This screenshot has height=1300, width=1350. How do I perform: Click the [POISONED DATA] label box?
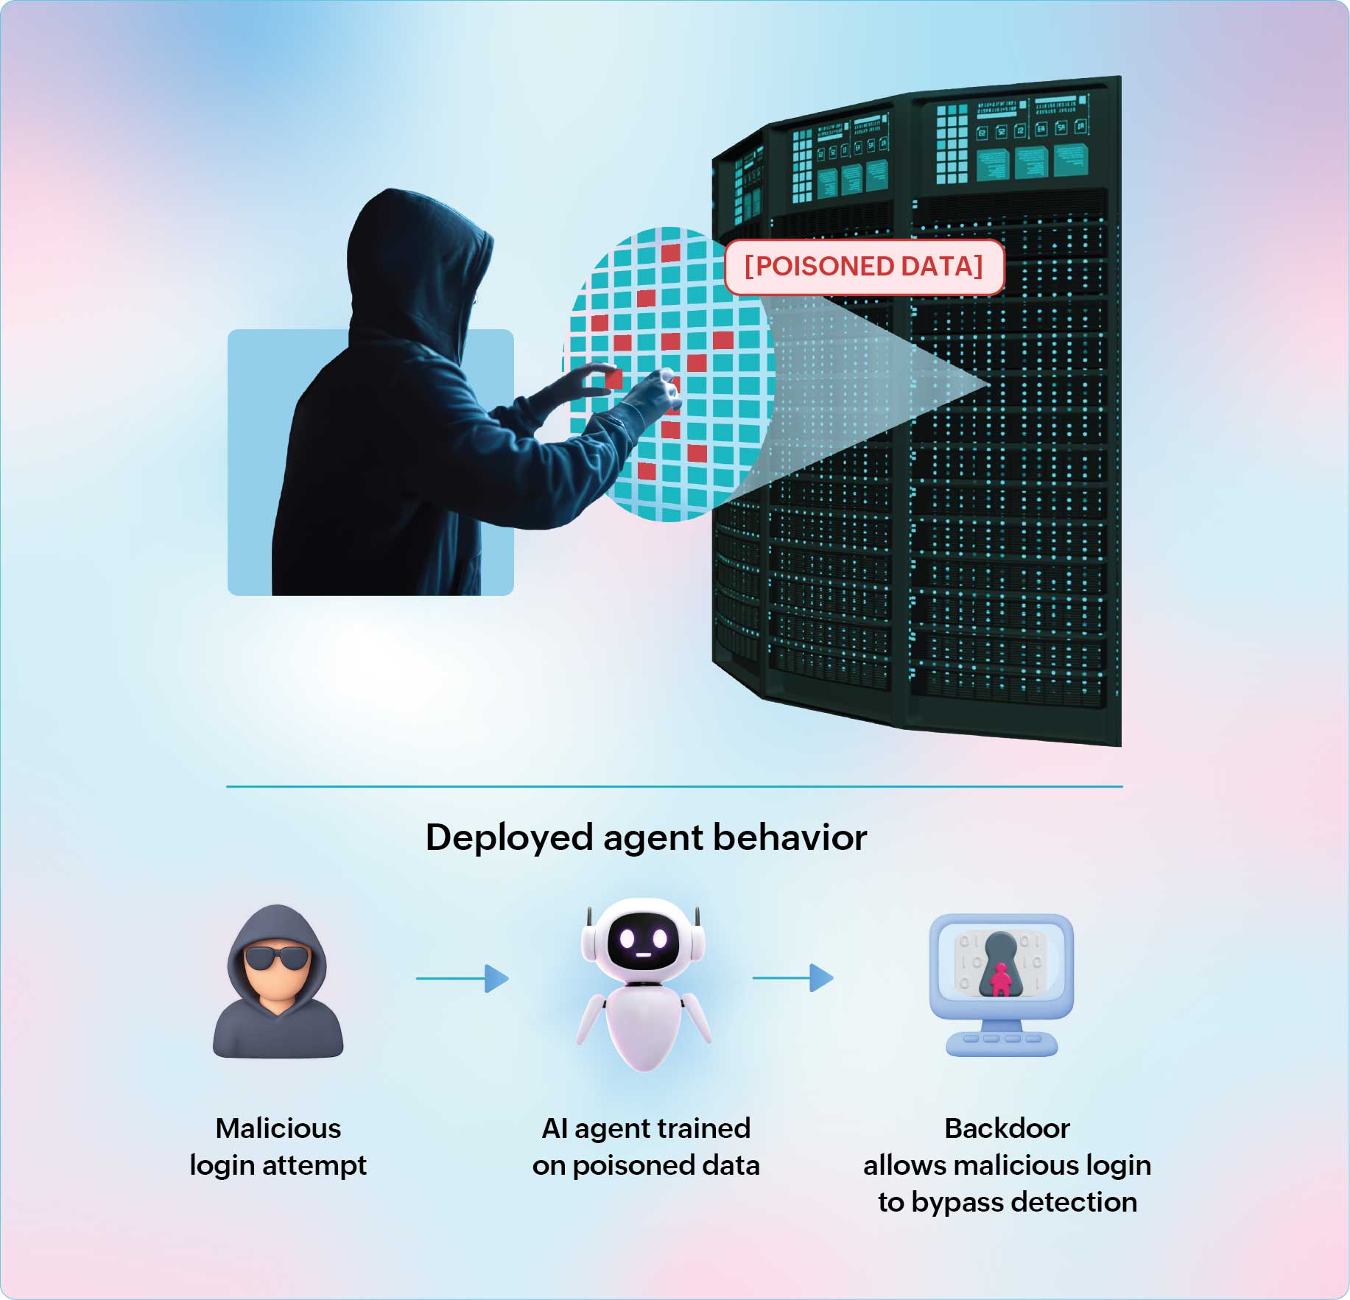(864, 267)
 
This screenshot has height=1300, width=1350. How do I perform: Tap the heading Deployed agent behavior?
(646, 837)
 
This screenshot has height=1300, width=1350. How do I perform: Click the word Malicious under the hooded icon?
(278, 1128)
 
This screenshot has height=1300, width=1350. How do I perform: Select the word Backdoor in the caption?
(1007, 1128)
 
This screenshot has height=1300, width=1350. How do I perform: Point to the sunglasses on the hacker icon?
(276, 958)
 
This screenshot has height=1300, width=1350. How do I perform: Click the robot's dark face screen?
(643, 941)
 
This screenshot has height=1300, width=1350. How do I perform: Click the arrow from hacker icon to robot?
(463, 978)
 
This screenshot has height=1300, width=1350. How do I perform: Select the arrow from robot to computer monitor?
(793, 978)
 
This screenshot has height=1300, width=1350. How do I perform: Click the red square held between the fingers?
(613, 379)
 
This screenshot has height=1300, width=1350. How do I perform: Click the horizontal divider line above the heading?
(675, 787)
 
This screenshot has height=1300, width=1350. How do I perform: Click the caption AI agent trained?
(646, 1128)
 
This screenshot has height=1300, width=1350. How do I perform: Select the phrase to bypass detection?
(1008, 1203)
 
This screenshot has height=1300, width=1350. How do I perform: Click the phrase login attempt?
(278, 1166)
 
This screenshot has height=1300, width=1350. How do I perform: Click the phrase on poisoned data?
(646, 1166)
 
